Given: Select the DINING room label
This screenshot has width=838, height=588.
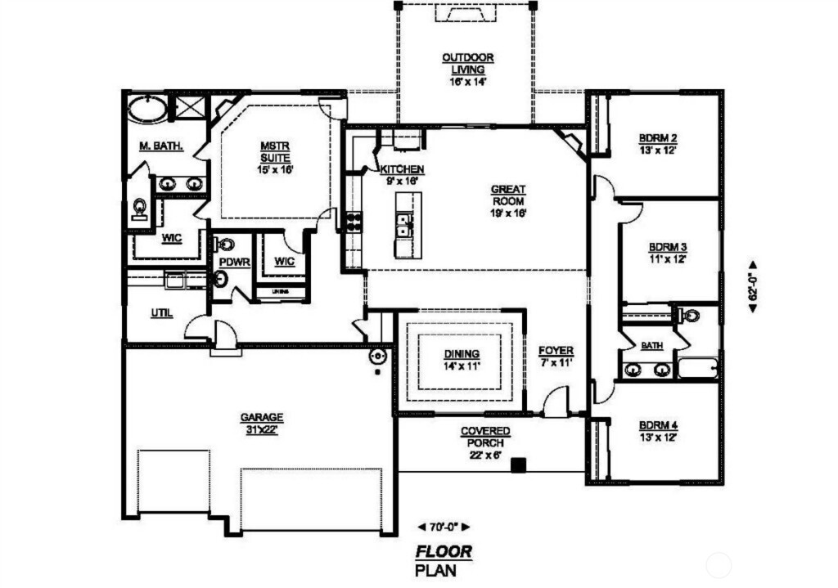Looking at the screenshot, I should pyautogui.click(x=462, y=360).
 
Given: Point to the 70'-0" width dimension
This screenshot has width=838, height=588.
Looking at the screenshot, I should pyautogui.click(x=444, y=527).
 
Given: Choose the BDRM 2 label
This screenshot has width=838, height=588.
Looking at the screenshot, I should pyautogui.click(x=657, y=143).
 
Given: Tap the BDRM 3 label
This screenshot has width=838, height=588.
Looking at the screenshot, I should pyautogui.click(x=667, y=252).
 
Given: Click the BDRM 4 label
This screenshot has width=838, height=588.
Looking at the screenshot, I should pyautogui.click(x=657, y=431).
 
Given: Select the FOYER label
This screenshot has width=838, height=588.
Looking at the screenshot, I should pyautogui.click(x=556, y=356).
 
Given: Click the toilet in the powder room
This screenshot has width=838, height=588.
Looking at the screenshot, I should pyautogui.click(x=225, y=245).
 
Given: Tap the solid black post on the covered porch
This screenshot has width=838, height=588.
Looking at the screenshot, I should pyautogui.click(x=517, y=465).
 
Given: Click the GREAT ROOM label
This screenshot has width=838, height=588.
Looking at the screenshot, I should pyautogui.click(x=507, y=200).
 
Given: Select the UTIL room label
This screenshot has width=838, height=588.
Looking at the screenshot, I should pyautogui.click(x=161, y=312).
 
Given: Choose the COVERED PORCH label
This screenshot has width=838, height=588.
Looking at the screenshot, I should pyautogui.click(x=485, y=437).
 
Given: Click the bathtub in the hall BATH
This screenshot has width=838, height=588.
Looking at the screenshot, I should pyautogui.click(x=698, y=368).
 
